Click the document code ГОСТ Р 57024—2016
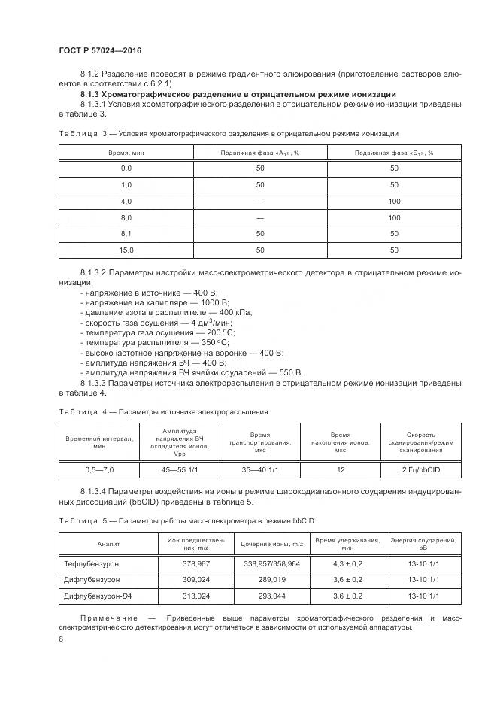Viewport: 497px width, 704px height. tap(100, 50)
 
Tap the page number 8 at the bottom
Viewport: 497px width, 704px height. tap(62, 639)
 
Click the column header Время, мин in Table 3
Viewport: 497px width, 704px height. tap(126, 153)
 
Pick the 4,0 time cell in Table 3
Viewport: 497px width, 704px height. tap(126, 201)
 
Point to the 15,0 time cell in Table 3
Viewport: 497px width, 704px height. tap(126, 249)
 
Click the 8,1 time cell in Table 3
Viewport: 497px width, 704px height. tap(126, 233)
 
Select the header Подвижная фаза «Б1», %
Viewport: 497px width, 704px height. tap(394, 153)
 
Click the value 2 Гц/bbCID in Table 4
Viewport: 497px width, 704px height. tap(420, 469)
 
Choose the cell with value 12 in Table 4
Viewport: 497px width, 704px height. tap(341, 469)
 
